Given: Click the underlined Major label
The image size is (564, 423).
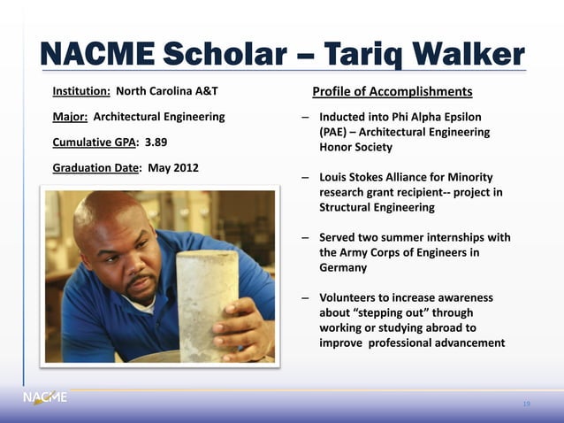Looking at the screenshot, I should click(70, 117).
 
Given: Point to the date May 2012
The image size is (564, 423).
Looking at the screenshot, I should click(172, 167).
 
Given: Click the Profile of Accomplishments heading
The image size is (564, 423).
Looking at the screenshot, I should click(392, 92).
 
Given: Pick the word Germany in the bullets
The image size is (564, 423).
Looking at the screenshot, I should click(343, 267).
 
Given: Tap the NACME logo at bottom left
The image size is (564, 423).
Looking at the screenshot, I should click(44, 398).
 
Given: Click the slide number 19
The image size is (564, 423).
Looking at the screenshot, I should click(526, 404).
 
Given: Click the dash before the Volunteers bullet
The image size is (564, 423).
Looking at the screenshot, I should click(304, 298).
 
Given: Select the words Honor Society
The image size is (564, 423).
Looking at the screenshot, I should click(355, 147).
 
